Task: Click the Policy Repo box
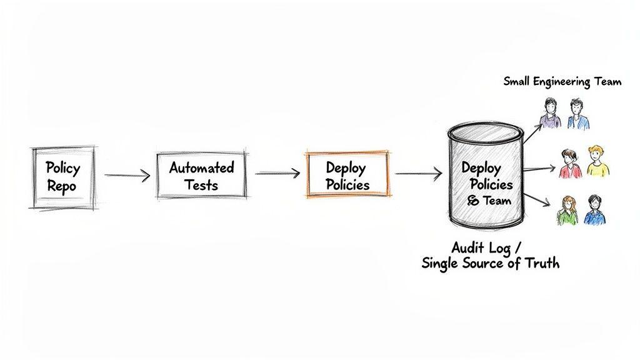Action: (63, 177)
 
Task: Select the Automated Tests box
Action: (201, 176)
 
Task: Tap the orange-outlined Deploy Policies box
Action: (347, 175)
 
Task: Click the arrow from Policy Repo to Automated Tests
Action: (127, 176)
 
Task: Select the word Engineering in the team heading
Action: (564, 82)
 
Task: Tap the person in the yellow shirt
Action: (597, 161)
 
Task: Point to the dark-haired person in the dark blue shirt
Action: (595, 211)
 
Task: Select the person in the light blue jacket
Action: (577, 114)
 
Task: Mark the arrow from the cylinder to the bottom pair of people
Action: (536, 201)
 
